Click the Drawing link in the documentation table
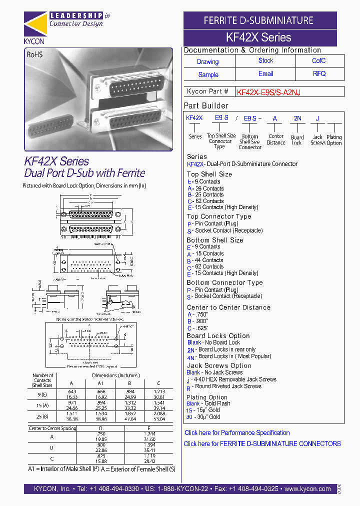(207, 62)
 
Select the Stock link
(265, 60)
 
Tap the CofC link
(318, 60)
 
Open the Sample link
(208, 75)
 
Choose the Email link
(265, 73)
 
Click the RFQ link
(319, 73)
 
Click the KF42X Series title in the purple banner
(258, 37)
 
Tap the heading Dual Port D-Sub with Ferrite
(84, 173)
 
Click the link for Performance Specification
(237, 433)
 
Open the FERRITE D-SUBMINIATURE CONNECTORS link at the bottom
(262, 444)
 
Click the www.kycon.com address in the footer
(307, 489)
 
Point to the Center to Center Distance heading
(228, 307)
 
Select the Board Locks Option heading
(218, 336)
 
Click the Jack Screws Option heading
(219, 366)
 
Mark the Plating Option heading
(207, 397)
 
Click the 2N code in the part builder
(297, 118)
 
